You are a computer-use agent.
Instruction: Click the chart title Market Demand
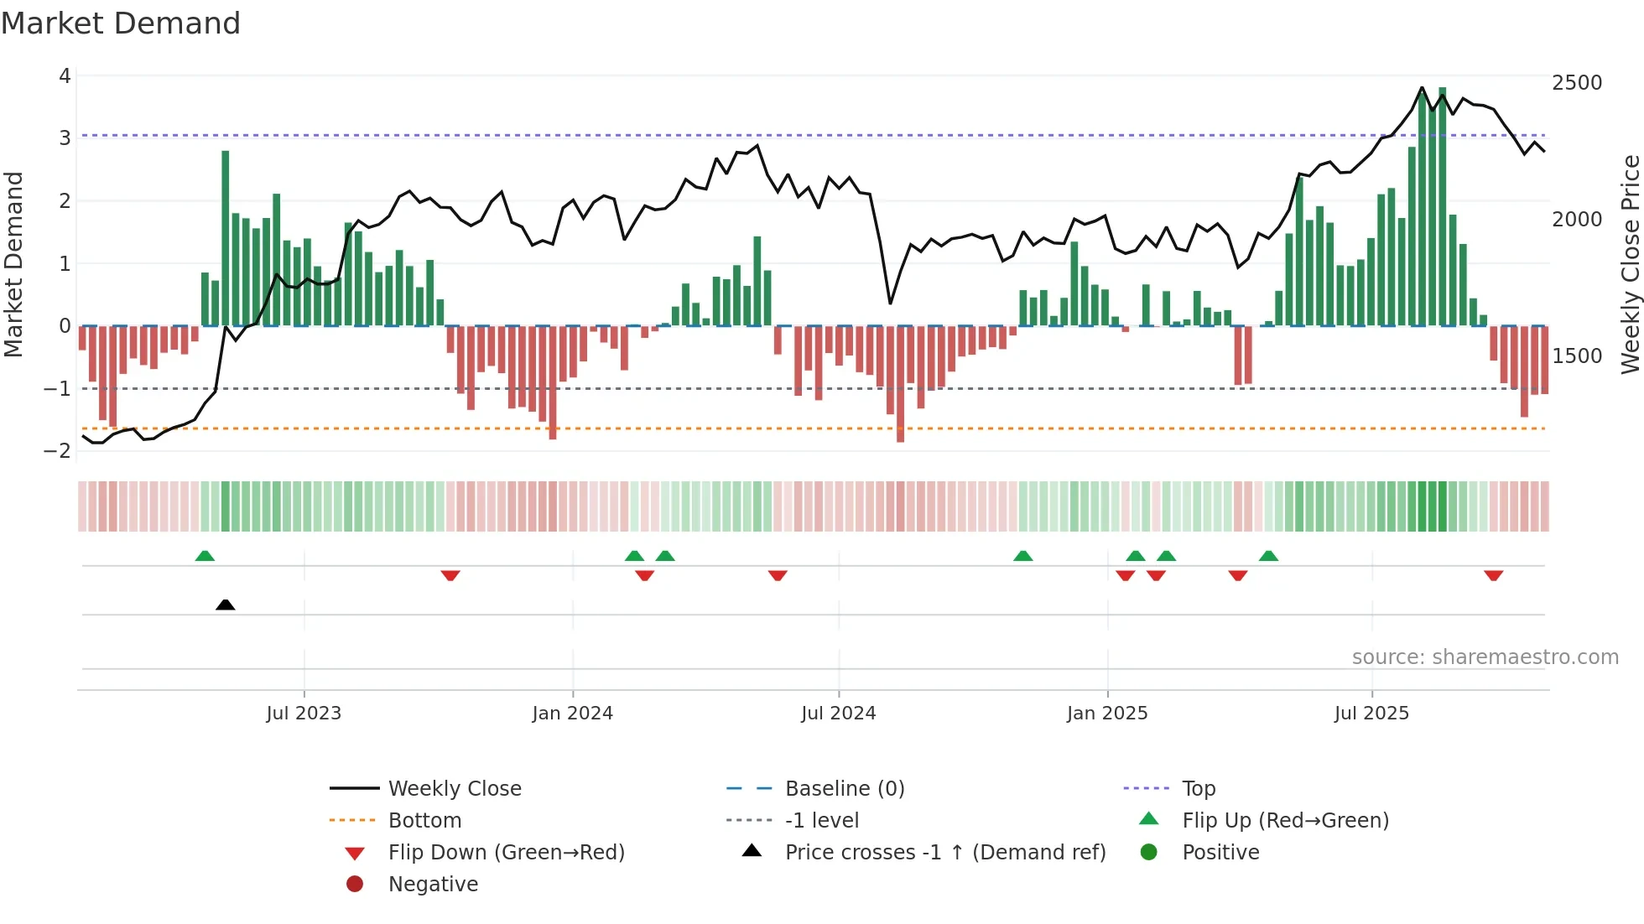121,23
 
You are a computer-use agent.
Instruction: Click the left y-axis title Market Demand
13,264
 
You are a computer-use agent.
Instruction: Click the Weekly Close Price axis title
1630,264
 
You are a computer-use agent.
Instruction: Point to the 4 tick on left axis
65,76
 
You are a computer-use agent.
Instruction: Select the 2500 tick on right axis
1577,83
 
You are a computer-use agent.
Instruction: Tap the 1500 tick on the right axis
1577,356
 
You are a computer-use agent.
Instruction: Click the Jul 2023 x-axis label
304,714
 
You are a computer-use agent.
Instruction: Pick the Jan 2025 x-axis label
1107,714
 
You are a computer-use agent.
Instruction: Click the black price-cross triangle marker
225,605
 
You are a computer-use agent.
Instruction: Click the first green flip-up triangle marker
205,556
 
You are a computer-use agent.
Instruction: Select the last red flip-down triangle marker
1493,575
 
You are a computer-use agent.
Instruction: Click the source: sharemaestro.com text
1485,657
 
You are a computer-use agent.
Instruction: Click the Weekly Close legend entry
454,789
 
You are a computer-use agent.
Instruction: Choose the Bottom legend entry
424,821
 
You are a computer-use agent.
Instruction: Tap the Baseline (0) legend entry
844,789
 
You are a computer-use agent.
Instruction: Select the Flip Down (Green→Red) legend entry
506,853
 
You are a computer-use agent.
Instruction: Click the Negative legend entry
433,885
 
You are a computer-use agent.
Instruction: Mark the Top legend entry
1198,789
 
